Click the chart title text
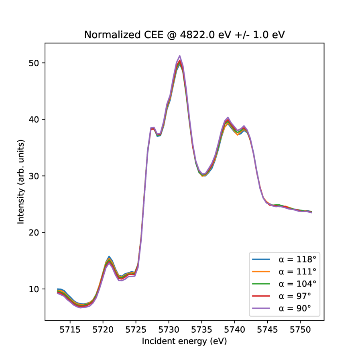click(185, 35)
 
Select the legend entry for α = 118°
click(297, 258)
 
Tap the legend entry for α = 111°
click(297, 271)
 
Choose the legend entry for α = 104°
click(297, 283)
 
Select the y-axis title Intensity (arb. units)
click(20, 181)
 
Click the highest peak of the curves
click(179, 56)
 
